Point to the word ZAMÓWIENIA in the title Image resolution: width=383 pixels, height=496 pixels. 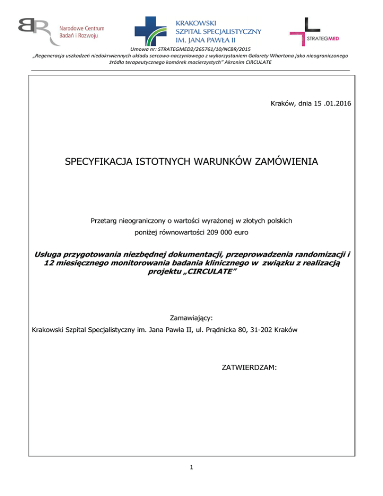tap(285, 162)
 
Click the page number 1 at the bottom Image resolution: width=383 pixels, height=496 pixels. tap(191, 467)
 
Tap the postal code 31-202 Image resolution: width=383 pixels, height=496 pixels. tap(307, 330)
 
